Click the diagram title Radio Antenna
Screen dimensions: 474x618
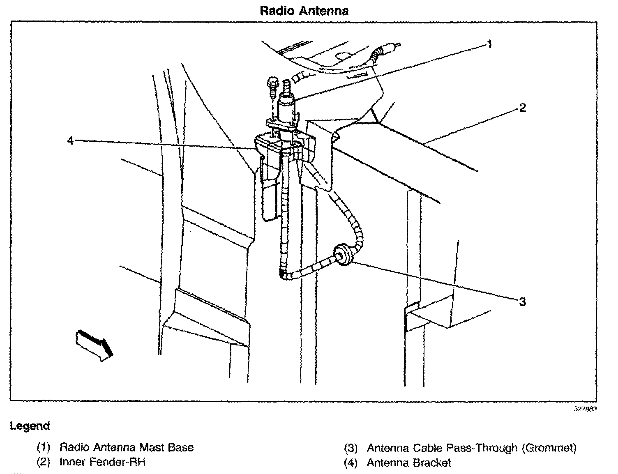(x=304, y=11)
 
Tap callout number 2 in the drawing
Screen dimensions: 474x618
(x=522, y=108)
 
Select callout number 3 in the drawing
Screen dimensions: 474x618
(x=522, y=302)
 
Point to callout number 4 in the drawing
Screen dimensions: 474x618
(x=70, y=141)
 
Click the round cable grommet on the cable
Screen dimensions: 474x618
(x=343, y=255)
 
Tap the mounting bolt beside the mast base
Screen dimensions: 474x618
(x=272, y=86)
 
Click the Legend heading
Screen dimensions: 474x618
(x=30, y=426)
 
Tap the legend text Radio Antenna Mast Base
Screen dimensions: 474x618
(x=127, y=447)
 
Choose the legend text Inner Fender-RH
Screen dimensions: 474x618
(x=103, y=462)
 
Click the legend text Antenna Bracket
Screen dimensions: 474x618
(x=409, y=463)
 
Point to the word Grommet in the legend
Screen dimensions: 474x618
(x=549, y=447)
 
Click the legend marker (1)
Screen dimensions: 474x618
(x=43, y=447)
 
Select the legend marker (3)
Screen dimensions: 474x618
(x=351, y=448)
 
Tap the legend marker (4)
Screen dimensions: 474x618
(x=351, y=463)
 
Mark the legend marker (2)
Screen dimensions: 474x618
(x=43, y=462)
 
